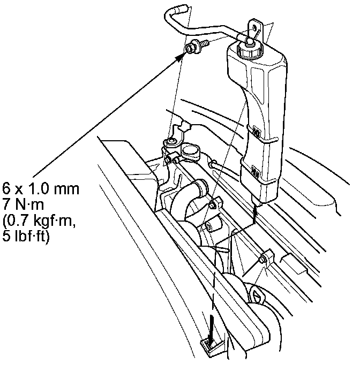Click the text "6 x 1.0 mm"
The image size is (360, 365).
(41, 188)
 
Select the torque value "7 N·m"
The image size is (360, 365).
(23, 204)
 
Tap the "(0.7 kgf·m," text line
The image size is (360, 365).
(39, 220)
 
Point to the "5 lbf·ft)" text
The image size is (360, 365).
(26, 235)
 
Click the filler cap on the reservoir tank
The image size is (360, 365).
(250, 49)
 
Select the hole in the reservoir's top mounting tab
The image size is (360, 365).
(254, 28)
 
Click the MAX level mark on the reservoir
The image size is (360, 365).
(256, 131)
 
